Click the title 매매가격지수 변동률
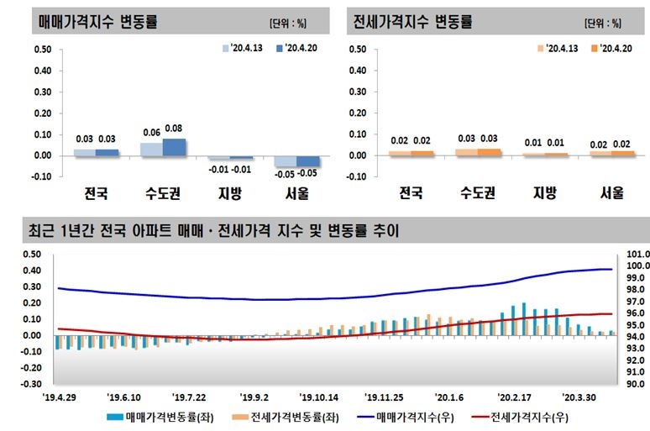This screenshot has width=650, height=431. (98, 20)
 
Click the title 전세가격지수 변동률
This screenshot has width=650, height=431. (412, 20)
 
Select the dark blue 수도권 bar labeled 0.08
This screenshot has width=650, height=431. (175, 147)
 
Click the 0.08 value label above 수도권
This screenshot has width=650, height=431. (175, 129)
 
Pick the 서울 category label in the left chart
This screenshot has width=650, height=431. (296, 193)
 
